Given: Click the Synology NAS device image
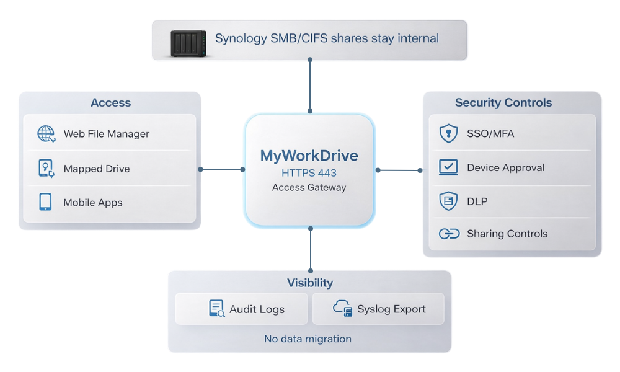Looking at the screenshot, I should (188, 43).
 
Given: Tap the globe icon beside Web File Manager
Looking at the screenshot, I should (46, 134).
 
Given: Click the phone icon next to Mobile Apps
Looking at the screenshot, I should (46, 202).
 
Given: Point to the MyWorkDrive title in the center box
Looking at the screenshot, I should (309, 155).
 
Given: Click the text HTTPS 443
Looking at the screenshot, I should (309, 172).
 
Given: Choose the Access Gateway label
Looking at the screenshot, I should (309, 187).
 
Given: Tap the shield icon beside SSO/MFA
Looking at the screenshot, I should (448, 133).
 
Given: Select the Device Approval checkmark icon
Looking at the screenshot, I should (448, 167).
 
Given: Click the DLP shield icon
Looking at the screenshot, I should (448, 201).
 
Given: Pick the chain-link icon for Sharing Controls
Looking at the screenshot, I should (448, 234).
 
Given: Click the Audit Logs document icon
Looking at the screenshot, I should (216, 309).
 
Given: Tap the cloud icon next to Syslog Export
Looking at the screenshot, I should (342, 308).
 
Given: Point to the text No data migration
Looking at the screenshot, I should (308, 339).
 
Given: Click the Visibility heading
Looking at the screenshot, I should (309, 283).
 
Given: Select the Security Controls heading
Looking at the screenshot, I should (503, 103).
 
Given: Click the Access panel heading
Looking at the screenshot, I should (110, 103).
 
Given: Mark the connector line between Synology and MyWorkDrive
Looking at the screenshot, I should (310, 87).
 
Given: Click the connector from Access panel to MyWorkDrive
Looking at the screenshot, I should (221, 169).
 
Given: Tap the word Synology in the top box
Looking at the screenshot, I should (241, 38).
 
